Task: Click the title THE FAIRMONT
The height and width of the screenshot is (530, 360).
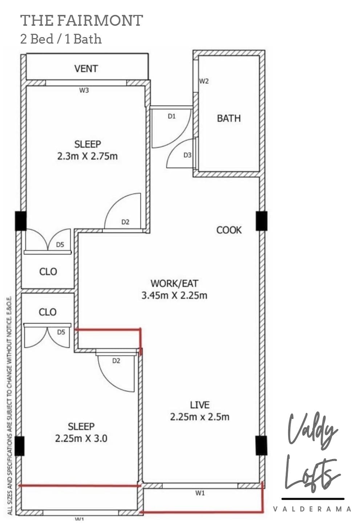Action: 81,21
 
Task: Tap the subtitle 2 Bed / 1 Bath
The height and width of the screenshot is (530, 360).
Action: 61,39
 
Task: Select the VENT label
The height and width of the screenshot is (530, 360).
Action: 86,69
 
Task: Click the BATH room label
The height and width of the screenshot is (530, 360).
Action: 228,118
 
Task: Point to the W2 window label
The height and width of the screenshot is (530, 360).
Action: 204,81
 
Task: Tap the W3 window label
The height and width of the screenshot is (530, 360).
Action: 84,90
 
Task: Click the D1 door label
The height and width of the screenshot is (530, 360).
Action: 171,116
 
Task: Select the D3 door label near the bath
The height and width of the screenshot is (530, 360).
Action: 187,155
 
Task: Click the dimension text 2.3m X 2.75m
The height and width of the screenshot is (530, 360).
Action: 88,156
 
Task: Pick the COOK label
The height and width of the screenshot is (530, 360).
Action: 229,230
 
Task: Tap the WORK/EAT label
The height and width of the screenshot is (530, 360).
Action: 174,283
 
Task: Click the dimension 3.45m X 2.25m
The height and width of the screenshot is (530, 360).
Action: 174,295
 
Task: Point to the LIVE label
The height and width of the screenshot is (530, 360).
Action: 200,405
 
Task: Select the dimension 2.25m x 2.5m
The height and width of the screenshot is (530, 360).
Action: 200,417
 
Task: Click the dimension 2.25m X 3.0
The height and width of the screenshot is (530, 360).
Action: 81,438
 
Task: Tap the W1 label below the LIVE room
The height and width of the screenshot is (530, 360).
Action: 200,493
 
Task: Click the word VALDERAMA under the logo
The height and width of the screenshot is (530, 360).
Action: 312,509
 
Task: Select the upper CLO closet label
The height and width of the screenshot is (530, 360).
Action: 48,271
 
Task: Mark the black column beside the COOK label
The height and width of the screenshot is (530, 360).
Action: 261,221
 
